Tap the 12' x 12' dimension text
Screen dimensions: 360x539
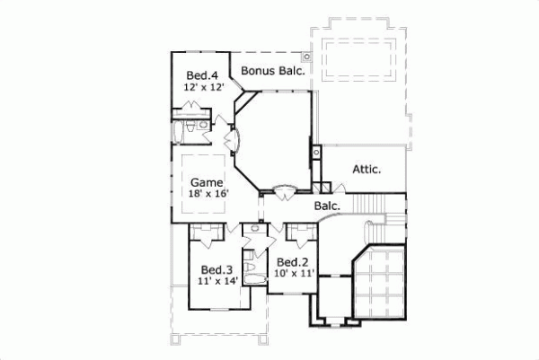tap(202, 88)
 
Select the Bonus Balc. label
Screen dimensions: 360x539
tap(273, 70)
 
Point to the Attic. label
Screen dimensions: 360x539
tap(366, 168)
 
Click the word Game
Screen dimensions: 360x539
tap(206, 181)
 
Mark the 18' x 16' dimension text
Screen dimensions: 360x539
tap(209, 194)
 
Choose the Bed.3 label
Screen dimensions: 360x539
tap(213, 269)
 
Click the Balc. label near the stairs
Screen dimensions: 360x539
tap(327, 206)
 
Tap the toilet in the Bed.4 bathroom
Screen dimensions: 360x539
tap(204, 127)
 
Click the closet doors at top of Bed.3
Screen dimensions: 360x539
tap(208, 233)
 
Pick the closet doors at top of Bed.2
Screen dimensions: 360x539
tap(298, 233)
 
